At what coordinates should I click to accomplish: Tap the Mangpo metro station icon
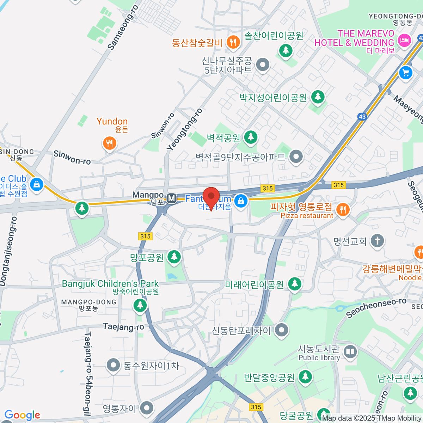pyautogui.click(x=172, y=198)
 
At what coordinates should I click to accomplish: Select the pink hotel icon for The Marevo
pyautogui.click(x=404, y=40)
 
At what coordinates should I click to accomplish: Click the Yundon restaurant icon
pyautogui.click(x=110, y=143)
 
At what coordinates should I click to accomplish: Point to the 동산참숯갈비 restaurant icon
pyautogui.click(x=233, y=43)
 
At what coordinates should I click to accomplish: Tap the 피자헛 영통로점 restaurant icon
pyautogui.click(x=342, y=210)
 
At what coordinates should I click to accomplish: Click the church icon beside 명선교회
pyautogui.click(x=377, y=241)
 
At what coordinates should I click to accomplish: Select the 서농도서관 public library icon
pyautogui.click(x=350, y=352)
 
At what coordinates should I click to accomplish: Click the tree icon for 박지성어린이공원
pyautogui.click(x=318, y=97)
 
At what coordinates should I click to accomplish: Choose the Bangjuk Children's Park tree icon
pyautogui.click(x=140, y=305)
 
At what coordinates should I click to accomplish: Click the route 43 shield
pyautogui.click(x=362, y=116)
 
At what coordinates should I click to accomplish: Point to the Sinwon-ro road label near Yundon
pyautogui.click(x=72, y=158)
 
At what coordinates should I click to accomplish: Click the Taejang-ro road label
pyautogui.click(x=123, y=327)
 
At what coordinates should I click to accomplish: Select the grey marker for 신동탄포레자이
pyautogui.click(x=281, y=330)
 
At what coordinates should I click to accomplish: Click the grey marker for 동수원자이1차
pyautogui.click(x=113, y=366)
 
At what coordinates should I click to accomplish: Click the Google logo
pyautogui.click(x=22, y=415)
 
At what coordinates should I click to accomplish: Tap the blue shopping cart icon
pyautogui.click(x=406, y=73)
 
